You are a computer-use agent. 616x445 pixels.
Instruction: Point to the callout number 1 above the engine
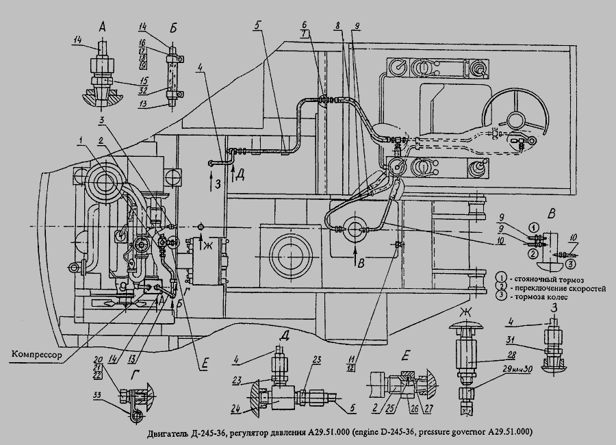coord(81,140)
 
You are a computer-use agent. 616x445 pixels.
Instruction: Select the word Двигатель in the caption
coord(167,433)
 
